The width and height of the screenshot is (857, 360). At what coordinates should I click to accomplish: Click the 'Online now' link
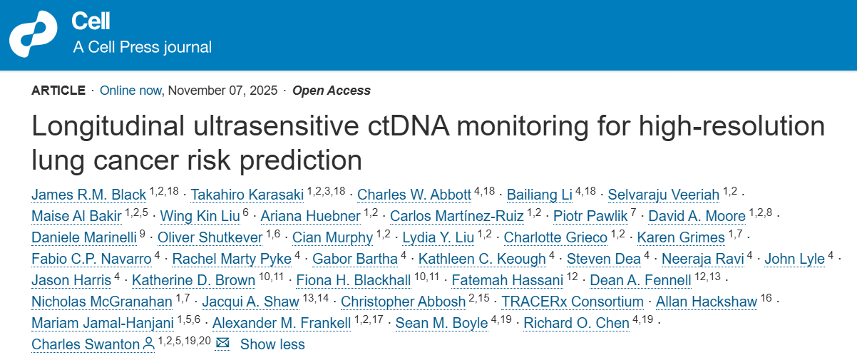tap(130, 91)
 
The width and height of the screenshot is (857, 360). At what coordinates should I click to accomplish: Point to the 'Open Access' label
tap(332, 91)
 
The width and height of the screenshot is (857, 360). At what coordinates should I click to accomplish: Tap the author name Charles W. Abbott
tap(414, 195)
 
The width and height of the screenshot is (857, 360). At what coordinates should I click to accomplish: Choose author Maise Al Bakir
tap(76, 216)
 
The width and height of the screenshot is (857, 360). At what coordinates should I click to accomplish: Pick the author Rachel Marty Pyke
tap(232, 259)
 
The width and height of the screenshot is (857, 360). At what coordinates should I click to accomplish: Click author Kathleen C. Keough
tap(482, 259)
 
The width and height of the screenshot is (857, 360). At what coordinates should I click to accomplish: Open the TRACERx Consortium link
tap(573, 302)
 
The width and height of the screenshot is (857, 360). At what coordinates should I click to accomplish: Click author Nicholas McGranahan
tap(101, 302)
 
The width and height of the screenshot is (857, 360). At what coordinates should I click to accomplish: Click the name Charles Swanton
tap(86, 344)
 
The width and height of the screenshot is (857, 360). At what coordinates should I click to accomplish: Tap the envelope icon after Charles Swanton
tap(222, 344)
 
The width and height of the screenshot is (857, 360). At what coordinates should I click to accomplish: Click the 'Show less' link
tap(272, 344)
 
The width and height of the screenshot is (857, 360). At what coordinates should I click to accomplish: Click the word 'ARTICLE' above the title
tap(58, 91)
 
